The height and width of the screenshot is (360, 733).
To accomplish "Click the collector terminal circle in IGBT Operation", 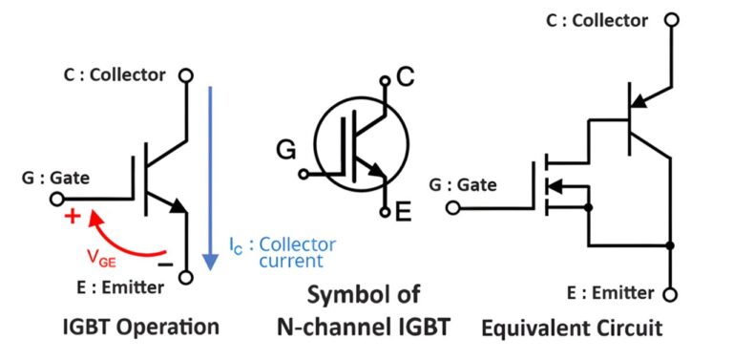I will [x=186, y=75].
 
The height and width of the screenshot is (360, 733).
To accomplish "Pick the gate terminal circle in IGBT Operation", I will [x=58, y=200].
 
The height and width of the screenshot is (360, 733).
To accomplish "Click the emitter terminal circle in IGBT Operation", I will [x=186, y=278].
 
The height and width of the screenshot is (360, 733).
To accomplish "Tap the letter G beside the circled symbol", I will [x=286, y=150].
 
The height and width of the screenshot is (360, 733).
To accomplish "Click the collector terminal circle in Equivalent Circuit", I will [x=672, y=19].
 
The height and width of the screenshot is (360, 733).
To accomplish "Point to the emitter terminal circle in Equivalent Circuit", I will [x=672, y=294].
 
